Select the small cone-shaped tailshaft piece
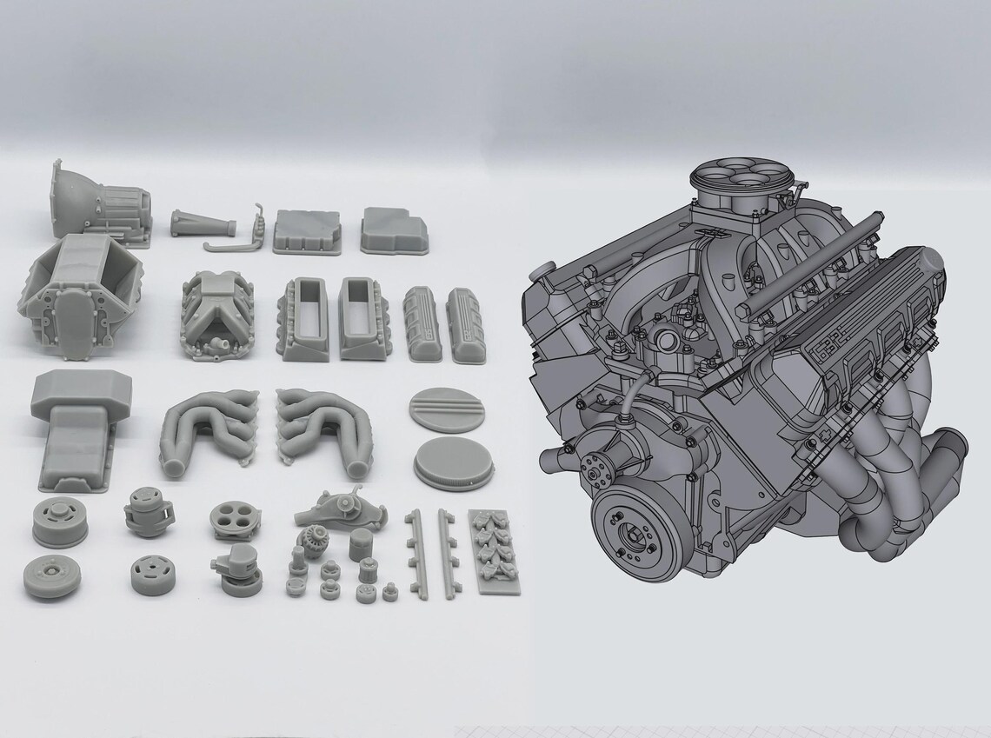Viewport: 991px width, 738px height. [x=203, y=225]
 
